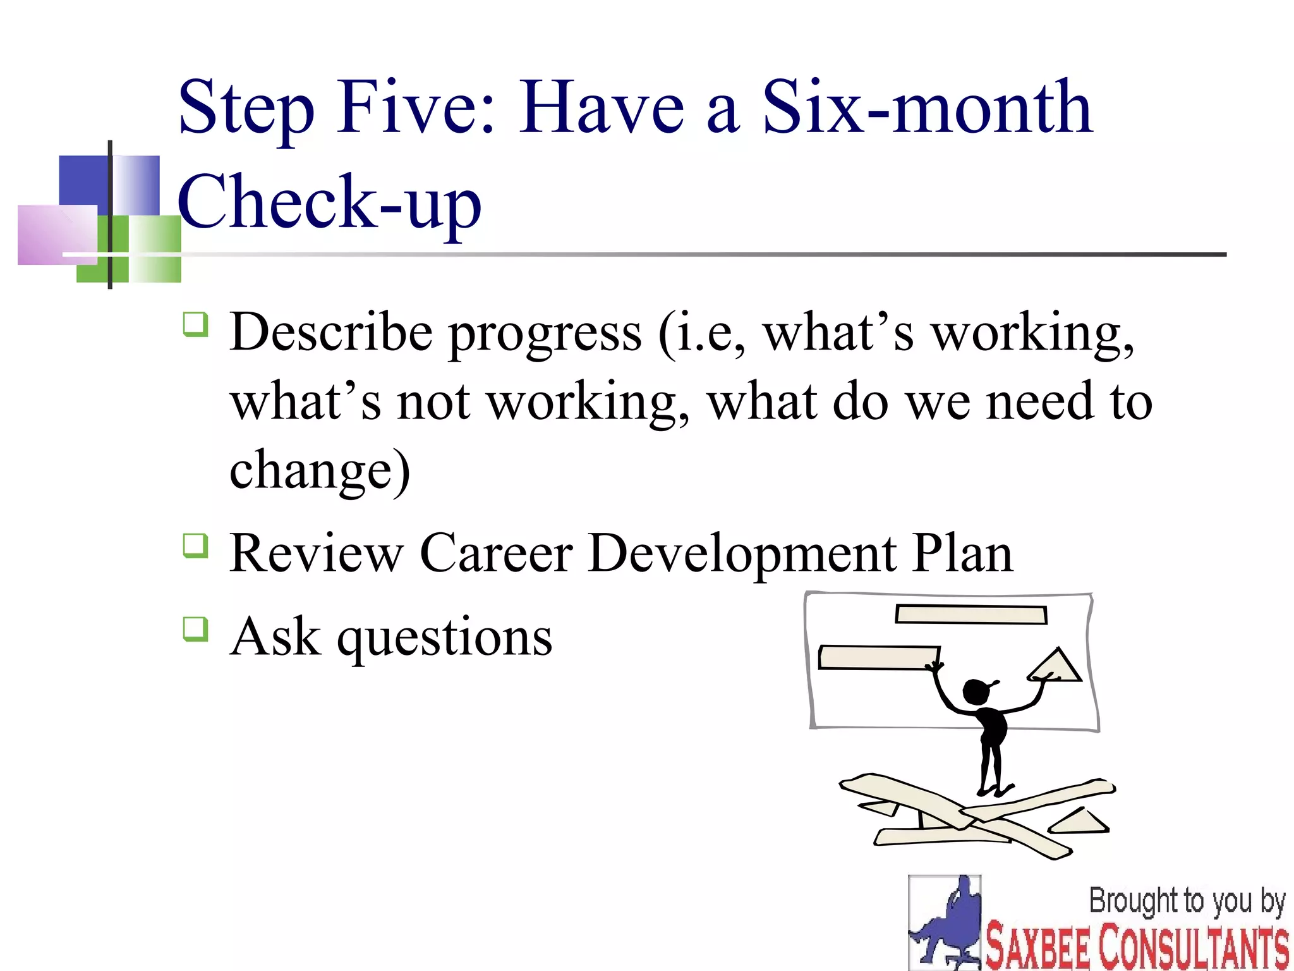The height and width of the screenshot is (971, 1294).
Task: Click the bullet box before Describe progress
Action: coord(195,324)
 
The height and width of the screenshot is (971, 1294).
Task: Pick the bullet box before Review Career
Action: coord(195,546)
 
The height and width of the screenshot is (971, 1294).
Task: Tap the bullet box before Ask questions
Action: coord(195,629)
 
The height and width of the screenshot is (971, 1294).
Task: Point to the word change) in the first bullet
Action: coord(320,471)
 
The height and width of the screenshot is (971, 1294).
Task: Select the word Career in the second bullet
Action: coord(496,553)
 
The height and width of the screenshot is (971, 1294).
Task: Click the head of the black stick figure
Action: coord(976,691)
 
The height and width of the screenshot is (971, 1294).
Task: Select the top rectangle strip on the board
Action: coord(971,614)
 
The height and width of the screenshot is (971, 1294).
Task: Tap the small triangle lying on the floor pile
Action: coord(1079,822)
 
